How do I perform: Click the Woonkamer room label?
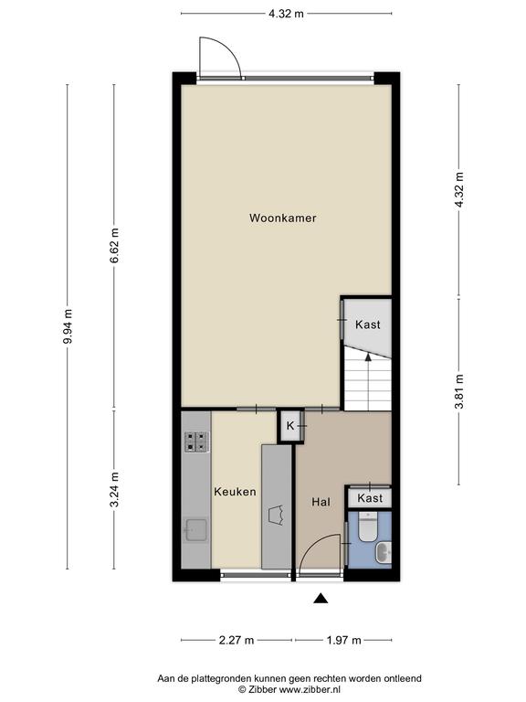tap(283, 218)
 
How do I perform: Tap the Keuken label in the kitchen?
tap(235, 492)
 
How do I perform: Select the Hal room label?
tap(321, 502)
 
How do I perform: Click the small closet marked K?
tap(290, 426)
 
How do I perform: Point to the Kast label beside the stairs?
tap(368, 324)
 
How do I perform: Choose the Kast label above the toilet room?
tap(370, 498)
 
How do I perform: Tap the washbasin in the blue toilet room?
tap(384, 552)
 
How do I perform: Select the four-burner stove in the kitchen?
tap(197, 441)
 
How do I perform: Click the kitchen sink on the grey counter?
tap(196, 530)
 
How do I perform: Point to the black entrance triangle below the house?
tap(321, 598)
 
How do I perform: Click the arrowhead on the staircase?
tap(368, 356)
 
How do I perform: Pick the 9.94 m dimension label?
tap(68, 326)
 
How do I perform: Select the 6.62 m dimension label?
tap(114, 245)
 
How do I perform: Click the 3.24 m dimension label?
tap(114, 489)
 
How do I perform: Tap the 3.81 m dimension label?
tap(459, 391)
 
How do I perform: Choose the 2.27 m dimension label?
tap(237, 640)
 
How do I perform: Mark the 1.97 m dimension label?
tap(343, 640)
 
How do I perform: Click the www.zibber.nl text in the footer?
tap(310, 689)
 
